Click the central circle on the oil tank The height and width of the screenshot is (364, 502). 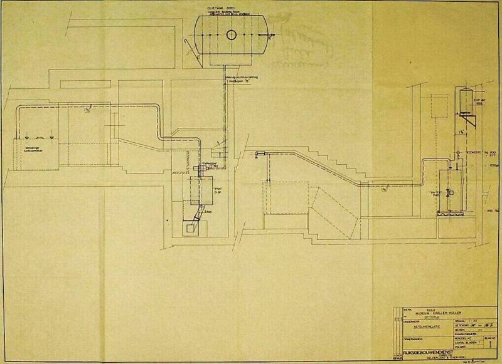click(231, 34)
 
